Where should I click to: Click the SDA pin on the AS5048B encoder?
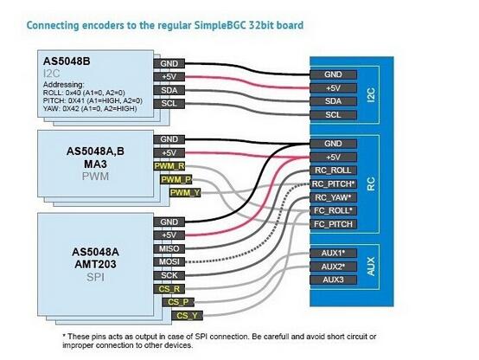pyautogui.click(x=169, y=90)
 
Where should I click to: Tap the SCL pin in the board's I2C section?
pyautogui.click(x=333, y=115)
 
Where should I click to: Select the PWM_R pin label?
pyautogui.click(x=169, y=166)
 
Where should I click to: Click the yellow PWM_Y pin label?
pyautogui.click(x=185, y=193)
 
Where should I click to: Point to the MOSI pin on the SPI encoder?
pyautogui.click(x=169, y=262)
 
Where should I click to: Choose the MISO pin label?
pyautogui.click(x=169, y=248)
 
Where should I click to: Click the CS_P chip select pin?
pyautogui.click(x=178, y=303)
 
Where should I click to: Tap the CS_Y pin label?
pyautogui.click(x=188, y=316)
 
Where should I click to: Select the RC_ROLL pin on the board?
pyautogui.click(x=333, y=170)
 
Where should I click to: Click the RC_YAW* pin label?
pyautogui.click(x=333, y=197)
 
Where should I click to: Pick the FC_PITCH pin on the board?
pyautogui.click(x=333, y=224)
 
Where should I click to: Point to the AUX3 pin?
pyautogui.click(x=333, y=280)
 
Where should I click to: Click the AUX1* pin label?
pyautogui.click(x=333, y=254)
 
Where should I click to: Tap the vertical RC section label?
pyautogui.click(x=371, y=183)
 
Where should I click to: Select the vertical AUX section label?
pyautogui.click(x=371, y=267)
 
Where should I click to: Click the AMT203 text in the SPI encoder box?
pyautogui.click(x=95, y=264)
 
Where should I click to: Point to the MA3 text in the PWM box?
pyautogui.click(x=95, y=164)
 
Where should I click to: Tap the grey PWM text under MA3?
pyautogui.click(x=95, y=177)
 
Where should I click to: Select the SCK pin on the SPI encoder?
pyautogui.click(x=169, y=275)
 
